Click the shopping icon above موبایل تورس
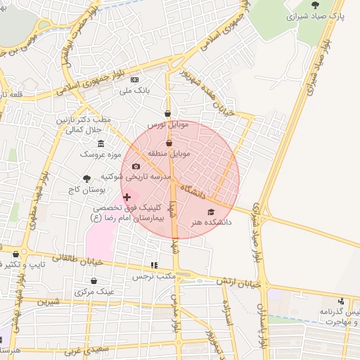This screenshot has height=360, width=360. click(167, 113)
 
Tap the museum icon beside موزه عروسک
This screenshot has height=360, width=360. click(102, 143)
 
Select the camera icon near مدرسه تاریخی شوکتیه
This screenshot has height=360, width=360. click(136, 167)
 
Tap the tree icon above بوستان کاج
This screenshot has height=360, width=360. click(87, 179)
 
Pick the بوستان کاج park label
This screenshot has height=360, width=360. click(86, 190)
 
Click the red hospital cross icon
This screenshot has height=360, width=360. click(127, 197)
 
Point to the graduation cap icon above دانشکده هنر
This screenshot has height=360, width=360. click(210, 212)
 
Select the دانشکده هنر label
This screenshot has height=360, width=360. click(210, 222)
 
